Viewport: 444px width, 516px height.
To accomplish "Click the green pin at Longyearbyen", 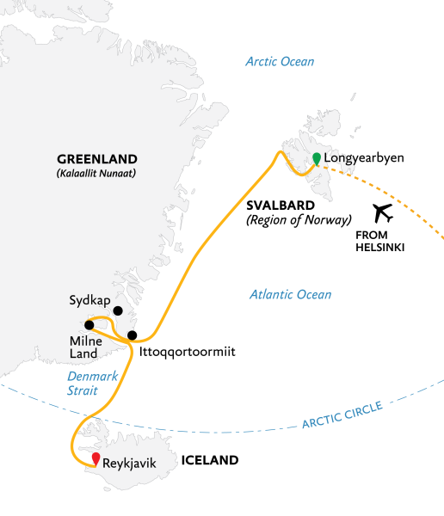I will (317, 157).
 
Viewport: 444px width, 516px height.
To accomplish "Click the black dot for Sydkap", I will (118, 311).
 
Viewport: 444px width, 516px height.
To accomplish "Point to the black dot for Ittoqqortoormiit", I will (132, 335).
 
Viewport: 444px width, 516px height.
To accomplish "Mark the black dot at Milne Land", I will (89, 325).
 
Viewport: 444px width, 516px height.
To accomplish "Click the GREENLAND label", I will (96, 159).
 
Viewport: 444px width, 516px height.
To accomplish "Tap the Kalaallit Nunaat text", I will (96, 173).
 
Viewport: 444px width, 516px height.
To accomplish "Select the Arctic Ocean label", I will (280, 62).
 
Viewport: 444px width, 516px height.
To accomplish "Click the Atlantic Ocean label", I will (290, 295).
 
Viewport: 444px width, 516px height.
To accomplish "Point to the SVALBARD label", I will (279, 206).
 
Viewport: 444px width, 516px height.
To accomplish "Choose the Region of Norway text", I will (298, 220).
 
